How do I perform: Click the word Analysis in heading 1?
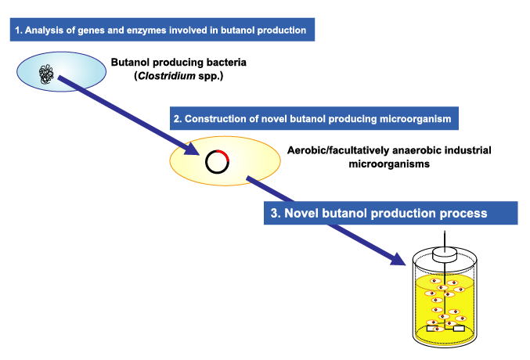click(43, 31)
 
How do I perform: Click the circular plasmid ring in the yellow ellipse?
click(216, 162)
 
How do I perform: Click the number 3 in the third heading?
click(273, 212)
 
